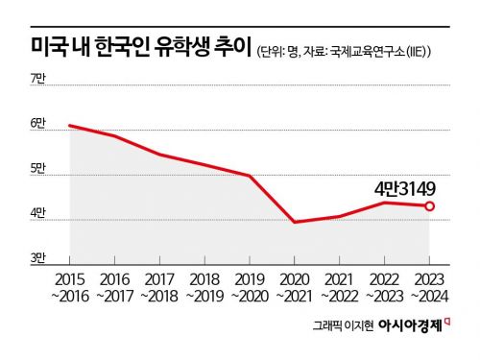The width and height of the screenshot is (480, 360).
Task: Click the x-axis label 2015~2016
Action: pyautogui.click(x=68, y=286)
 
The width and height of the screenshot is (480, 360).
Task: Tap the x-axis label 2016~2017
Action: pyautogui.click(x=114, y=286)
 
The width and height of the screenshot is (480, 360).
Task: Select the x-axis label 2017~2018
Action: pyautogui.click(x=159, y=286)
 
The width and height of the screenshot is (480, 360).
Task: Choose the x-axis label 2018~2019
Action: pyautogui.click(x=204, y=286)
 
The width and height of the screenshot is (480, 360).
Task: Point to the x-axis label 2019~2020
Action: pyautogui.click(x=250, y=286)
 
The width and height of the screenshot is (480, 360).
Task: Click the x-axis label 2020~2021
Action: pyautogui.click(x=294, y=286)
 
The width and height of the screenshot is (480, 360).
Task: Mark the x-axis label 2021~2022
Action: pyautogui.click(x=339, y=286)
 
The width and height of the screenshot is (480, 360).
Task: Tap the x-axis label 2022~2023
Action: pyautogui.click(x=384, y=286)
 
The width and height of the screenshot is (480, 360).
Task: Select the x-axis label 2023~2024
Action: pyautogui.click(x=429, y=286)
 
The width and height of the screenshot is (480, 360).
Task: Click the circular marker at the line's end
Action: pyautogui.click(x=430, y=205)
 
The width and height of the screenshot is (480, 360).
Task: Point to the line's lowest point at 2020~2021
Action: pyautogui.click(x=294, y=222)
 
